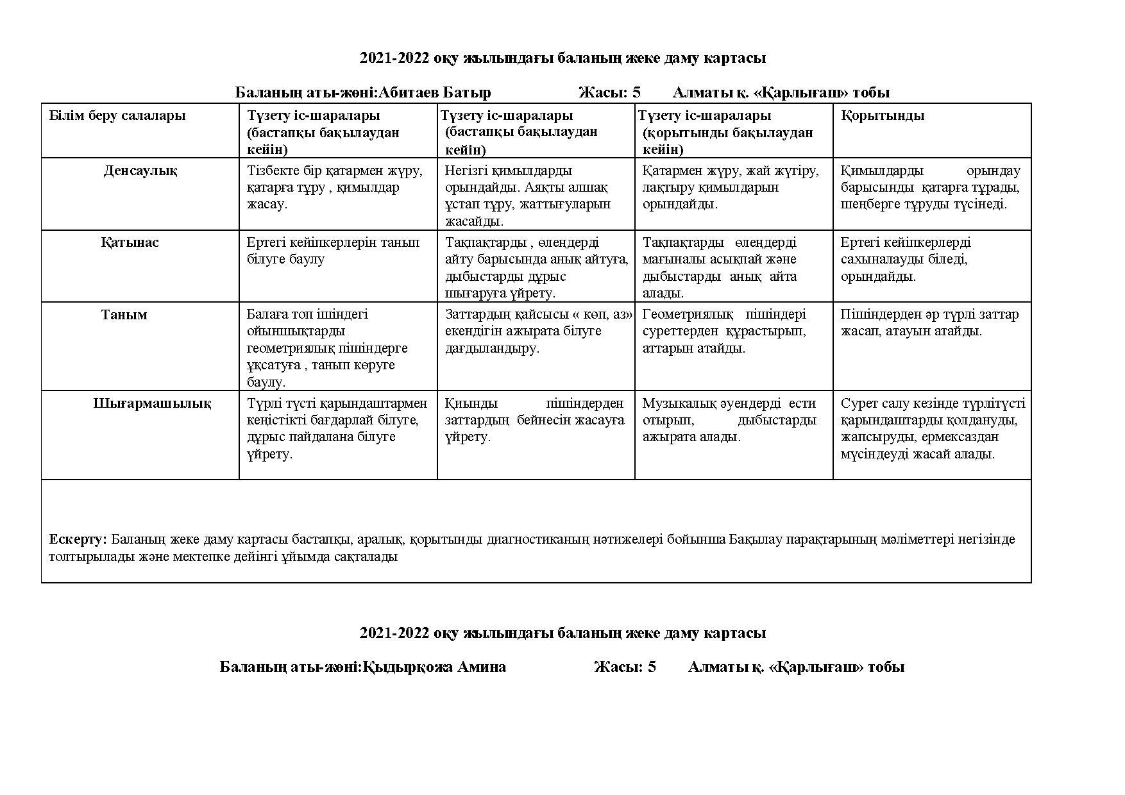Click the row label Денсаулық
click(x=140, y=171)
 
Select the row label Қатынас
click(x=130, y=243)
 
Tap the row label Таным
click(x=124, y=315)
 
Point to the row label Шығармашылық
click(x=152, y=404)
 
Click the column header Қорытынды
click(x=883, y=116)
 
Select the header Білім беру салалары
click(x=117, y=116)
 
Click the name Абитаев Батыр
click(x=435, y=93)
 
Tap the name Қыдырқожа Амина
click(x=434, y=667)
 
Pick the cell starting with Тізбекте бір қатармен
click(x=335, y=187)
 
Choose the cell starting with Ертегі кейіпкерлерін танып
click(x=334, y=251)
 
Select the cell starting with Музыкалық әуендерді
click(x=729, y=420)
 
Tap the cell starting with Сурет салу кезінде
click(x=932, y=428)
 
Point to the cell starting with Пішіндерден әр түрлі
click(x=929, y=322)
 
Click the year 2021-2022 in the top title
click(x=394, y=58)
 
